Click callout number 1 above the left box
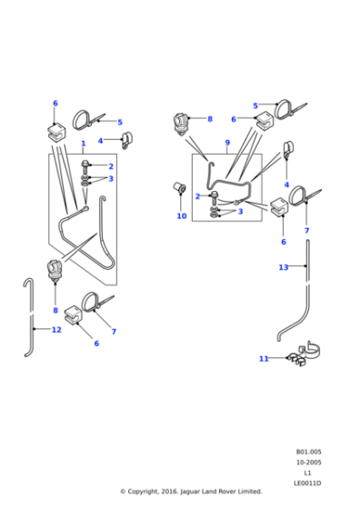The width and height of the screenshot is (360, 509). tap(83, 144)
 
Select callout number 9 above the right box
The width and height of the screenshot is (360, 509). tap(227, 143)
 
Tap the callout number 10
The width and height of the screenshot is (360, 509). tap(181, 216)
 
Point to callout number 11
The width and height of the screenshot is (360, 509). tap(264, 359)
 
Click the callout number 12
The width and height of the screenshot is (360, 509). tap(56, 330)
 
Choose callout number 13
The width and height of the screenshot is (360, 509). tap(284, 267)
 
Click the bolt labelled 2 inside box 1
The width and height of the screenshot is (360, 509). tap(85, 166)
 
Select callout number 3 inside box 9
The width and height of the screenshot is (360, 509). tap(240, 212)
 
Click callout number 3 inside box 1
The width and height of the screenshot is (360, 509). tap(111, 179)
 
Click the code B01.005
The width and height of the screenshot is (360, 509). tap(308, 452)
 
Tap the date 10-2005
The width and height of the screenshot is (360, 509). tap(308, 463)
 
